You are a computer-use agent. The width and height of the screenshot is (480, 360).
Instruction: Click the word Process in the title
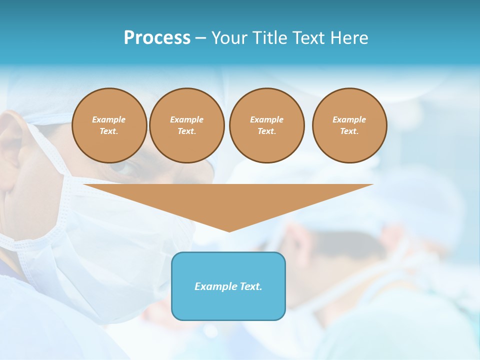click(157, 38)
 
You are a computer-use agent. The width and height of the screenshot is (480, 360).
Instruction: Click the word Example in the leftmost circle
click(109, 119)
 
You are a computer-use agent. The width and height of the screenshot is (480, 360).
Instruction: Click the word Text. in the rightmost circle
click(349, 131)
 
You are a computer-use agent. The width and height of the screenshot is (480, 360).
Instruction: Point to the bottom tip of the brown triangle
click(229, 231)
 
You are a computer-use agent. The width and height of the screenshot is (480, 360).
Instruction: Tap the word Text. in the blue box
click(249, 286)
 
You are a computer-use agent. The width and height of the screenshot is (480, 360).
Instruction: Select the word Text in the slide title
click(308, 38)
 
